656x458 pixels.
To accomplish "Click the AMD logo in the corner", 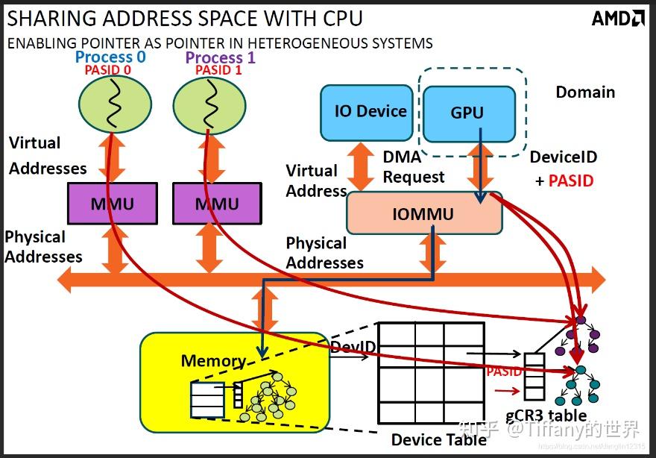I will click(x=618, y=18).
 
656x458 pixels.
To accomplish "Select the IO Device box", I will click(x=366, y=112).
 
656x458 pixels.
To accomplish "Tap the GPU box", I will click(x=468, y=113).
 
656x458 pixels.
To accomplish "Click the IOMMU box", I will click(x=423, y=215).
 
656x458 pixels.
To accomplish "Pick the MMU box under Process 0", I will click(x=112, y=204).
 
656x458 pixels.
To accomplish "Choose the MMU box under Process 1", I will click(x=217, y=204).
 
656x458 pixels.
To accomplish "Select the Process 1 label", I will click(x=219, y=57).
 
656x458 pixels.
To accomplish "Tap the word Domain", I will click(x=585, y=92).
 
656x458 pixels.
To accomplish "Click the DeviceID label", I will click(x=563, y=158).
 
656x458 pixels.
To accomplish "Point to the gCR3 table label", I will click(x=546, y=416).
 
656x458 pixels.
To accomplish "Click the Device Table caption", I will click(x=439, y=440).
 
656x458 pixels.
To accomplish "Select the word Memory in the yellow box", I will click(x=213, y=362).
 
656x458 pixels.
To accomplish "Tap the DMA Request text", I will click(x=413, y=167).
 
